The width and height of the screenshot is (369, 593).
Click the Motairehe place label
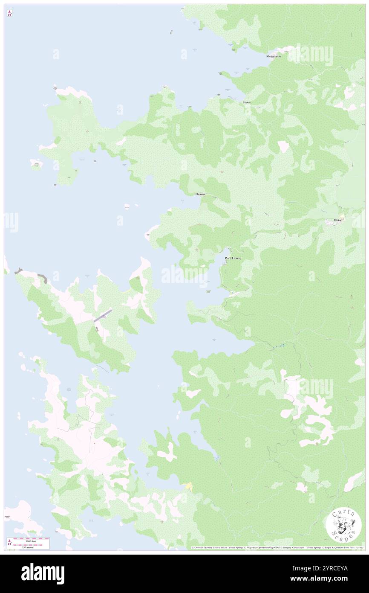(274, 56)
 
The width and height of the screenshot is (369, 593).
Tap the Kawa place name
(246, 102)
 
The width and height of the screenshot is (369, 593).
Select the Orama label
(200, 194)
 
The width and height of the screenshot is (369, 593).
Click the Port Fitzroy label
(233, 258)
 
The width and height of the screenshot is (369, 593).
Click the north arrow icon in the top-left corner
(9, 14)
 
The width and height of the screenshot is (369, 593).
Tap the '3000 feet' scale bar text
(31, 540)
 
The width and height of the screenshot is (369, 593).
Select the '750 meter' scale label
(31, 547)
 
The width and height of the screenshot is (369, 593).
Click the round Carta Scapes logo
(343, 526)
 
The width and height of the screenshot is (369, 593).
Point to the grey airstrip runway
(103, 315)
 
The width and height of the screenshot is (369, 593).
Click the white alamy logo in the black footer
(43, 573)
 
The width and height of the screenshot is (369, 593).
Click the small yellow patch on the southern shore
(188, 486)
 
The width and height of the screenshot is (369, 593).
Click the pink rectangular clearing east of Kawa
(283, 147)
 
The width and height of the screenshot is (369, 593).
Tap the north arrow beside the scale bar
(9, 543)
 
